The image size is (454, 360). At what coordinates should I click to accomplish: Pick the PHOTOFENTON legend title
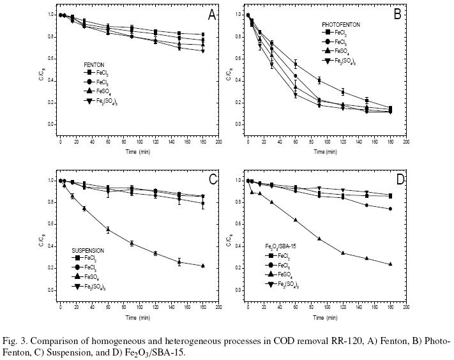pos(340,24)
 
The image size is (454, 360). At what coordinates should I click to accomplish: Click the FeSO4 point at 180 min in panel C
pos(203,265)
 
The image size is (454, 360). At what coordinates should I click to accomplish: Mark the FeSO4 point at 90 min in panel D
pos(319,238)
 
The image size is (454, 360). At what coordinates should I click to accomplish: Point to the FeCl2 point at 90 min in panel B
pos(319,80)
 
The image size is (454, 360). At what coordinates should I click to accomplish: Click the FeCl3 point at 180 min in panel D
pos(390,209)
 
